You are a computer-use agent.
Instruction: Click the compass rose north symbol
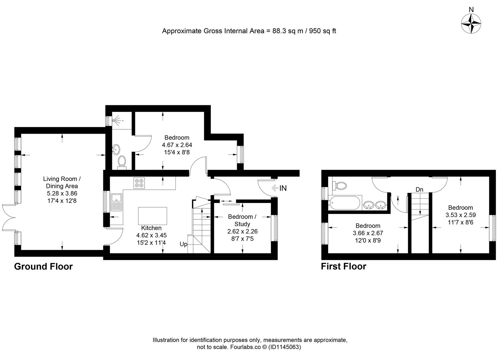[x=471, y=23]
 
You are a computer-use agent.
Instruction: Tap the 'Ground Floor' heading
[x=43, y=267]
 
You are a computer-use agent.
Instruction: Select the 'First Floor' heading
[x=343, y=267]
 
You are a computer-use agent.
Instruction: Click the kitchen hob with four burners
[x=139, y=182]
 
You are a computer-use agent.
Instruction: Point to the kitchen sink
[x=116, y=202]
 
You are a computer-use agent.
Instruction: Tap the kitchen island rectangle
[x=153, y=216]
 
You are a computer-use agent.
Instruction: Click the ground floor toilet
[x=122, y=161]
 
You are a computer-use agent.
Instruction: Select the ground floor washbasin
[x=116, y=149]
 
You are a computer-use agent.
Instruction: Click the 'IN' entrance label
[x=283, y=188]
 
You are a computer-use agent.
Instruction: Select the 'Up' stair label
[x=184, y=244]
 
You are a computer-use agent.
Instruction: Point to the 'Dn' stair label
[x=419, y=190]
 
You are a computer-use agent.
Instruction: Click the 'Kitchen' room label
[x=151, y=228]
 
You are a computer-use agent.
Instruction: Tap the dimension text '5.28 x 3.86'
[x=62, y=193]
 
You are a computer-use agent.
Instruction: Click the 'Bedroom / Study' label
[x=242, y=220]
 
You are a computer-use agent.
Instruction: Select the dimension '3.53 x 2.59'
[x=460, y=215]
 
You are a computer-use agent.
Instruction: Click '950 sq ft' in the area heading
[x=323, y=31]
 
